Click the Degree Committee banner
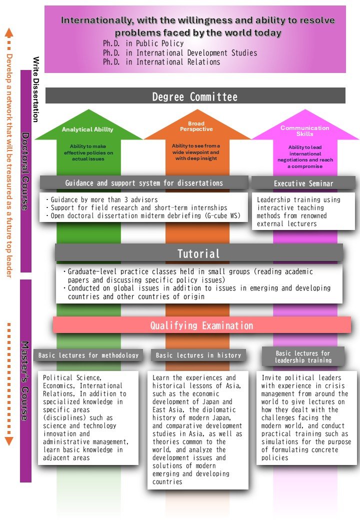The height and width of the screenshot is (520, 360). click(x=195, y=96)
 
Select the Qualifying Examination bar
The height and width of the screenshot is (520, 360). click(x=202, y=325)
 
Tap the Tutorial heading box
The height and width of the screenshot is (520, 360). click(x=199, y=253)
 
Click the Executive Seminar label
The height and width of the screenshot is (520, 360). click(x=303, y=183)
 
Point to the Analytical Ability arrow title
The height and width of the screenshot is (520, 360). click(x=87, y=129)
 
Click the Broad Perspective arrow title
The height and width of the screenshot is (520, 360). click(x=196, y=126)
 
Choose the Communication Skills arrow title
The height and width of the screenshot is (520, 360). click(x=305, y=131)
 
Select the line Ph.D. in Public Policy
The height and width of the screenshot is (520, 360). click(x=143, y=43)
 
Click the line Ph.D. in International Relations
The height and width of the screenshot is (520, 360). click(x=161, y=62)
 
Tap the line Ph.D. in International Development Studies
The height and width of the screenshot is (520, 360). click(x=180, y=52)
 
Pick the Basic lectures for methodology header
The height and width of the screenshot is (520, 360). click(x=88, y=355)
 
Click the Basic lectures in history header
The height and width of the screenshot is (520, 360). click(x=198, y=355)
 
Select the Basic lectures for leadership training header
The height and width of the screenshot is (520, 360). click(x=303, y=356)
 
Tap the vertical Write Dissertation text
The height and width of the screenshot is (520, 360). click(x=36, y=89)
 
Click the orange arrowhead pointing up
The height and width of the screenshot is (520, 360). click(x=8, y=32)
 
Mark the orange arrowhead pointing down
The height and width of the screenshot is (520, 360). click(x=8, y=441)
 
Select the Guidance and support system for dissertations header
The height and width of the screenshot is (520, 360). click(x=144, y=183)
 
